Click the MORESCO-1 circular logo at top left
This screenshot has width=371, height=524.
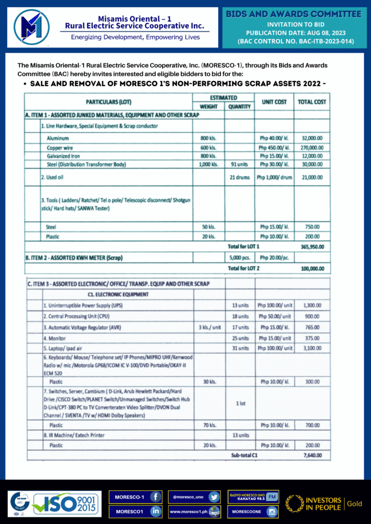[x=32, y=27]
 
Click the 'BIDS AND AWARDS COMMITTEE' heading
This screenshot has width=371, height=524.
[x=293, y=14]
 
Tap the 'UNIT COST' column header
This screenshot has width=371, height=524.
[x=274, y=102]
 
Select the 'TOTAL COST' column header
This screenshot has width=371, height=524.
[x=312, y=102]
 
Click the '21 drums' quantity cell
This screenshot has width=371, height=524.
[x=239, y=177]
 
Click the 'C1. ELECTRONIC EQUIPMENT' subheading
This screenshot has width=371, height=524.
[x=118, y=294]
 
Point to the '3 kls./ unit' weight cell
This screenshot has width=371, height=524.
[x=209, y=327]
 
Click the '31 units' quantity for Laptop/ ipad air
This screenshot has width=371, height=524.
[x=239, y=348]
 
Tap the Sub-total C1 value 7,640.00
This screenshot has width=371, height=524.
[x=312, y=455]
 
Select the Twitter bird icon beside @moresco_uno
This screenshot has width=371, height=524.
[x=214, y=497]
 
